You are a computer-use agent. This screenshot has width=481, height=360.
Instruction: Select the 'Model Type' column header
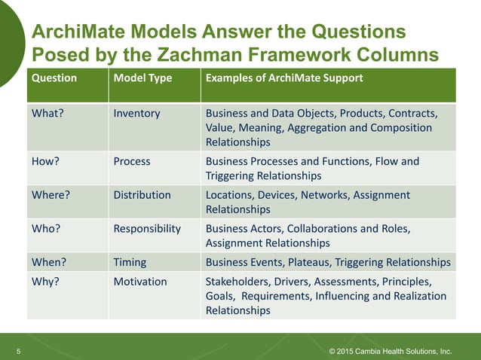pyautogui.click(x=142, y=78)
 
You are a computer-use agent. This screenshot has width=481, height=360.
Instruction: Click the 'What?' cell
pyautogui.click(x=47, y=114)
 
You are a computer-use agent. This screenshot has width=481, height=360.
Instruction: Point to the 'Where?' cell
pyautogui.click(x=51, y=195)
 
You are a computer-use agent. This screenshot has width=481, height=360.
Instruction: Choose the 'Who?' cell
pyautogui.click(x=45, y=229)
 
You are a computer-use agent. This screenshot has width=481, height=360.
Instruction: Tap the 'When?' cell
pyautogui.click(x=48, y=262)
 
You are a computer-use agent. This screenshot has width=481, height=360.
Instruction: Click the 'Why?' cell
pyautogui.click(x=45, y=282)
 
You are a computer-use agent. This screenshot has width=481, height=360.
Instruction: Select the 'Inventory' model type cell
pyautogui.click(x=136, y=114)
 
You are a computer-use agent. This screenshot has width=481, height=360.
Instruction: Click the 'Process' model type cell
pyautogui.click(x=132, y=162)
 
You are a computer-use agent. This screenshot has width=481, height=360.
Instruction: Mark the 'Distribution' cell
pyautogui.click(x=142, y=195)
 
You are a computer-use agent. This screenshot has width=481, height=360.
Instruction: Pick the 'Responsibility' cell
pyautogui.click(x=147, y=229)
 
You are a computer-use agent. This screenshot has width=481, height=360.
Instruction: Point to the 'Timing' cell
pyautogui.click(x=130, y=262)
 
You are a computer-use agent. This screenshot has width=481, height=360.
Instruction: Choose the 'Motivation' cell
pyautogui.click(x=140, y=282)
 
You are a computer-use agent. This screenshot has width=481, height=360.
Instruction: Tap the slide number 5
pyautogui.click(x=19, y=352)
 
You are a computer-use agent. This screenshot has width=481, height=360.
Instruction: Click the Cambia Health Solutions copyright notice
pyautogui.click(x=391, y=352)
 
